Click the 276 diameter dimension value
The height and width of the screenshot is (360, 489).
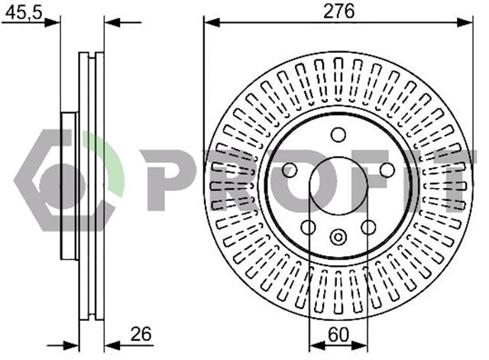(x=338, y=12)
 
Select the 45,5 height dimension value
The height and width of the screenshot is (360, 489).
(x=24, y=13)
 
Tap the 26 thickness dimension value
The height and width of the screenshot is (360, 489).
(x=141, y=334)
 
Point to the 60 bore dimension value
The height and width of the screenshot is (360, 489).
(x=338, y=335)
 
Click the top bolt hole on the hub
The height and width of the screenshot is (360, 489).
(x=338, y=135)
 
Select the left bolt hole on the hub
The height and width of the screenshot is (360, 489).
(x=290, y=170)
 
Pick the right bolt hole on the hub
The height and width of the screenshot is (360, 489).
(x=387, y=170)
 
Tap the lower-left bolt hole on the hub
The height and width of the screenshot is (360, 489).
(x=308, y=227)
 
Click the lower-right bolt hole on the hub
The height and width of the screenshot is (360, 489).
(x=368, y=227)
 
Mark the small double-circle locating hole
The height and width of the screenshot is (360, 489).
(x=338, y=237)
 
